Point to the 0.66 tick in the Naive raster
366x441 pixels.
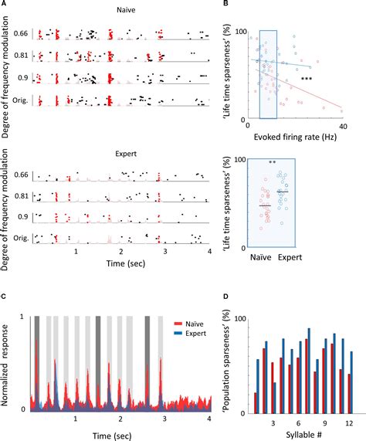coord(22,33)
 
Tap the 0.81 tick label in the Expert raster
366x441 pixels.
coord(22,197)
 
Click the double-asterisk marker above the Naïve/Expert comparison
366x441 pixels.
coord(272,163)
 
